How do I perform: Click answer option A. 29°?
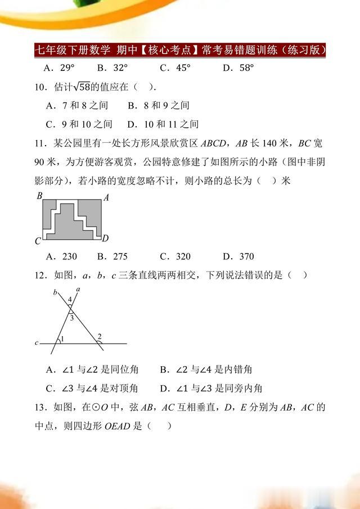pyautogui.click(x=60, y=68)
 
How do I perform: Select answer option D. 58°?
pyautogui.click(x=238, y=68)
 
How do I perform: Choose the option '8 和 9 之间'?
pyautogui.click(x=159, y=105)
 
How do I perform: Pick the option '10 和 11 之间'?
pyautogui.click(x=163, y=124)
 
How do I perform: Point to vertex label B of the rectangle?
pyautogui.click(x=39, y=196)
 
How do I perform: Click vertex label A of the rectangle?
pyautogui.click(x=106, y=197)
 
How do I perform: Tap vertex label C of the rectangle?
pyautogui.click(x=38, y=241)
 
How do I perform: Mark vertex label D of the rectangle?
pyautogui.click(x=105, y=238)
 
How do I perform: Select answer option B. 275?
pyautogui.click(x=112, y=256)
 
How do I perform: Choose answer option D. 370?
pyautogui.click(x=238, y=256)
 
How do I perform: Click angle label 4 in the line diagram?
pyautogui.click(x=70, y=299)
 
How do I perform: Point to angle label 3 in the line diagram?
pyautogui.click(x=71, y=318)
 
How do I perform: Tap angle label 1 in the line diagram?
pyautogui.click(x=62, y=339)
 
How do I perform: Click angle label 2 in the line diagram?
pyautogui.click(x=100, y=336)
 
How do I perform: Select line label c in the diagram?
pyautogui.click(x=37, y=343)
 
